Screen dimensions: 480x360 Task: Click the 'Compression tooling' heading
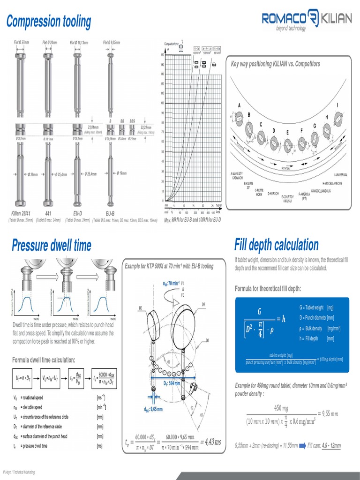tap(48, 21)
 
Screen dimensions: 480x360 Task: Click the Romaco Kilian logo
tap(307, 20)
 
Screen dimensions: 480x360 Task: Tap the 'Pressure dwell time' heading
tap(52, 245)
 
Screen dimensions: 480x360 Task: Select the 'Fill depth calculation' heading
tap(276, 245)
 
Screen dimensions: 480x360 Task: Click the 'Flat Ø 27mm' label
tap(22, 43)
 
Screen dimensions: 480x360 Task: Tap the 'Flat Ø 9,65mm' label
tap(112, 43)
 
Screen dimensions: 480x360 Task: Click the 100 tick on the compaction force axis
tap(162, 103)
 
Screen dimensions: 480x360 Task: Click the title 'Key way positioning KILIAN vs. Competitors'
tap(276, 64)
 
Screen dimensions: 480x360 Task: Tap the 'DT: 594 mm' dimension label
tap(172, 383)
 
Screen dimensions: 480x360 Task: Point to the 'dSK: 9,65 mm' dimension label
tap(153, 409)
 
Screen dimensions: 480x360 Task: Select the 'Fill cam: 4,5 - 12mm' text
tap(324, 445)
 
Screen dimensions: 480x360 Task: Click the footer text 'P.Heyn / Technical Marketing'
tap(19, 472)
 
